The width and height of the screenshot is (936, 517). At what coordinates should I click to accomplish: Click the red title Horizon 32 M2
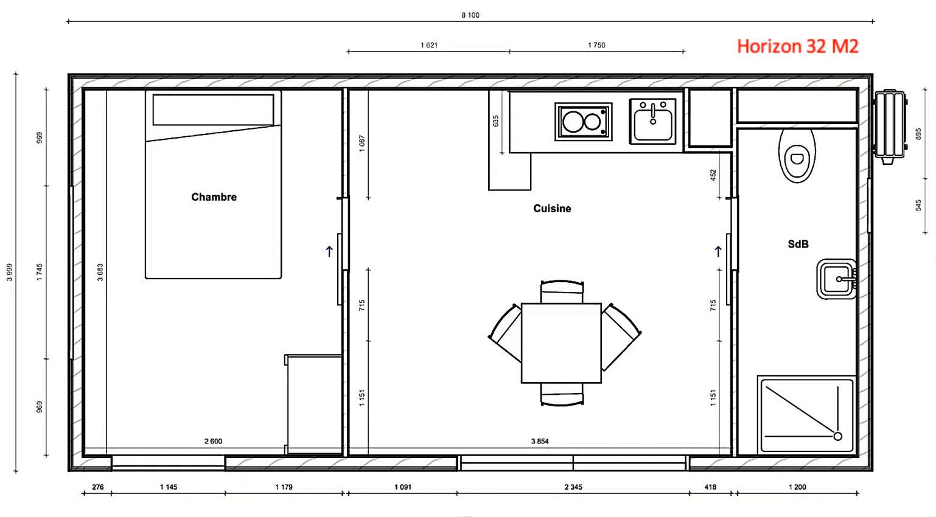point(797,46)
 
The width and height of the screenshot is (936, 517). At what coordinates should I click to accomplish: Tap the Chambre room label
point(214,197)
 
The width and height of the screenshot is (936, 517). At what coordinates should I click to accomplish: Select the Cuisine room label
point(552,209)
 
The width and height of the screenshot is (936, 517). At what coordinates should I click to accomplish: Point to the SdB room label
point(798,244)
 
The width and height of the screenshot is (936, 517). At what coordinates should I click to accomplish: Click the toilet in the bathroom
point(797,156)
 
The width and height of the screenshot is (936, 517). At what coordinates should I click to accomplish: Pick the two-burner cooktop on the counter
point(583,122)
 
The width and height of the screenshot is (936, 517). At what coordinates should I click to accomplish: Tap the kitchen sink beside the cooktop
point(652,122)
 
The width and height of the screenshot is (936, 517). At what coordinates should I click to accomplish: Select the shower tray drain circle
point(837,436)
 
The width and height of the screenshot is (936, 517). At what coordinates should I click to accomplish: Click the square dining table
point(561,343)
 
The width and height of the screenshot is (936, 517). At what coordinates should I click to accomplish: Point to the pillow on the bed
point(213,109)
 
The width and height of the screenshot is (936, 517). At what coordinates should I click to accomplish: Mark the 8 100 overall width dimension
point(470,15)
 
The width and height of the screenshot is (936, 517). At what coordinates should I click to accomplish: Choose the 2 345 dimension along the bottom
point(573,487)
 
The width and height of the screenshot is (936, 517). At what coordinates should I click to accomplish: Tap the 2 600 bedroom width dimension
point(213,441)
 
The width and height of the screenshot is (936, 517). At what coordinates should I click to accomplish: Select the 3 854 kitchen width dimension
point(539,441)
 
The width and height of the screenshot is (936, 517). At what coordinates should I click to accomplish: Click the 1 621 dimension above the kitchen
point(428,45)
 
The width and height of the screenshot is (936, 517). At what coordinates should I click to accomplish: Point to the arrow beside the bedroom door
point(329,251)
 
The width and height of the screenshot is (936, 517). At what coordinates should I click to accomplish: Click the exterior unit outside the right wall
point(889,127)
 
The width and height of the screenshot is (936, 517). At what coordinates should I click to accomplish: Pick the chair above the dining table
point(562,291)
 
